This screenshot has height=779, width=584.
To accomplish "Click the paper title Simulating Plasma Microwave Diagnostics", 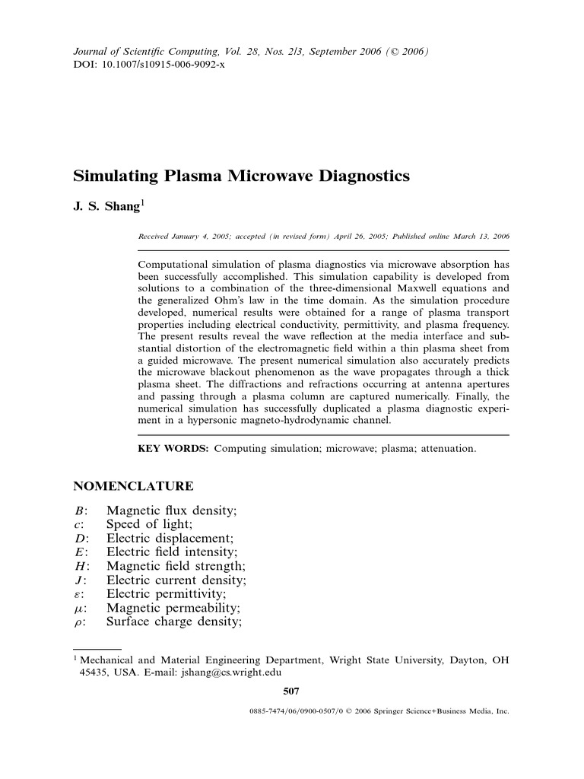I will click(x=241, y=176).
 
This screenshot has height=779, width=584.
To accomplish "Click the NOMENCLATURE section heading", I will click(x=132, y=486).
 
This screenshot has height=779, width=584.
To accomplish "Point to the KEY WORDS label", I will click(x=173, y=449).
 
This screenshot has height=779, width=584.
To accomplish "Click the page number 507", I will click(x=290, y=691).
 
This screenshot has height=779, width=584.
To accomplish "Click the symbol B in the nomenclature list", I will click(x=78, y=510).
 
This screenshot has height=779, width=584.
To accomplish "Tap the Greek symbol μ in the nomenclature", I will click(x=78, y=609).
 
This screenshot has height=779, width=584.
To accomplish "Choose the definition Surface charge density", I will click(x=173, y=622).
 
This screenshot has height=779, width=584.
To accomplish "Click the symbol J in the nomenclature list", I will click(x=78, y=580).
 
